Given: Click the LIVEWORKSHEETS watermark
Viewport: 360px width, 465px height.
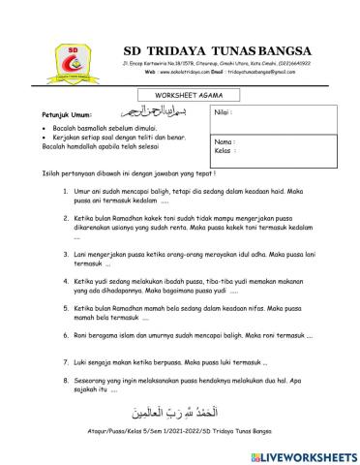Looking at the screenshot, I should pos(302,453).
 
